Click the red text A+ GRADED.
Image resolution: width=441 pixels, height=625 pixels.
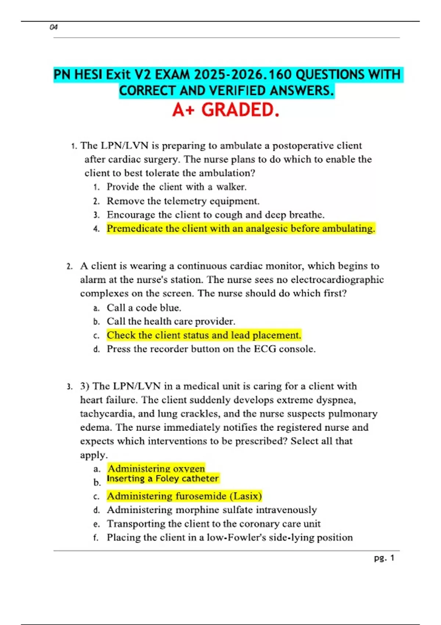pyautogui.click(x=225, y=110)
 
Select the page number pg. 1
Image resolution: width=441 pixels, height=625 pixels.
pyautogui.click(x=384, y=558)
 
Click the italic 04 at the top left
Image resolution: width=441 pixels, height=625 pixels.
pyautogui.click(x=54, y=27)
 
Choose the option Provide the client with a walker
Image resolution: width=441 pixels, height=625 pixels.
pyautogui.click(x=176, y=187)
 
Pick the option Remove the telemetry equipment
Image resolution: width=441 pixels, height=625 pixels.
pyautogui.click(x=183, y=201)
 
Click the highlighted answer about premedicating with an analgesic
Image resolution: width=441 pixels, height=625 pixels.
pyautogui.click(x=241, y=228)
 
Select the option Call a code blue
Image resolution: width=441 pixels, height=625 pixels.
pyautogui.click(x=144, y=307)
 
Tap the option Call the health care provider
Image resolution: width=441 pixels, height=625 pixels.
pyautogui.click(x=171, y=321)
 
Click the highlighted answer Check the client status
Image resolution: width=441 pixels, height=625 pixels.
pyautogui.click(x=204, y=335)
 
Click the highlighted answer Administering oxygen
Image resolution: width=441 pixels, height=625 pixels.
pyautogui.click(x=156, y=468)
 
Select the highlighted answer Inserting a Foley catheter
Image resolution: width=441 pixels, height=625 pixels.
pyautogui.click(x=163, y=478)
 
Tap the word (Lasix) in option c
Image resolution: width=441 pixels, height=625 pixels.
pyautogui.click(x=245, y=496)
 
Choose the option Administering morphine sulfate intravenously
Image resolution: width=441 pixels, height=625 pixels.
pyautogui.click(x=212, y=510)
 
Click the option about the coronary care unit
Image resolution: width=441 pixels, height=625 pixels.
pyautogui.click(x=214, y=524)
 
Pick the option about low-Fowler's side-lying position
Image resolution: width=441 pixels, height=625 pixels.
pyautogui.click(x=230, y=537)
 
